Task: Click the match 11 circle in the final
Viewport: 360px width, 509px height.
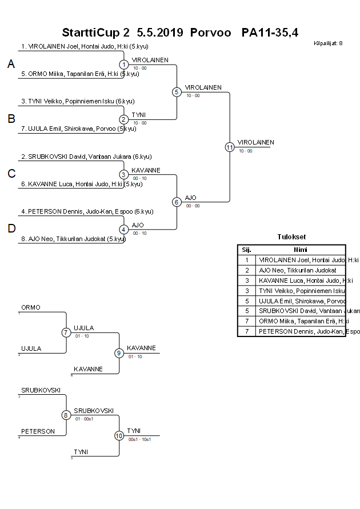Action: point(230,147)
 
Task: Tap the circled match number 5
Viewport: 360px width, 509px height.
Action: point(177,91)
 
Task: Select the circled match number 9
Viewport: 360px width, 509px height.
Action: point(119,353)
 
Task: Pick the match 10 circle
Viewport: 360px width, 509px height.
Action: point(119,435)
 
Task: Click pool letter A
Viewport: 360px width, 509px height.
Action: point(11,65)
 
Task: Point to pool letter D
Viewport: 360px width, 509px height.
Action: point(11,229)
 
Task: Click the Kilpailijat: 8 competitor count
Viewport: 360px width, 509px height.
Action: point(328,43)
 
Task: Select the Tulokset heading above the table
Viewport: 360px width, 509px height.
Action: point(291,237)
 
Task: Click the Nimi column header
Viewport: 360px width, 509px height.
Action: point(301,250)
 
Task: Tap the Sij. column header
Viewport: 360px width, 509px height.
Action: point(247,250)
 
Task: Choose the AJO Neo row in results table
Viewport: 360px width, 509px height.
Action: point(298,270)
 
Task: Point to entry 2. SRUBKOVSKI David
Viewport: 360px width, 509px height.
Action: point(86,156)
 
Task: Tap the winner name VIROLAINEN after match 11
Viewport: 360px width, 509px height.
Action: point(256,142)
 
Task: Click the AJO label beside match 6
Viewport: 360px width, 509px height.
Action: point(191,197)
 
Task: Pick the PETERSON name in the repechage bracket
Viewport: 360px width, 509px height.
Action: point(38,431)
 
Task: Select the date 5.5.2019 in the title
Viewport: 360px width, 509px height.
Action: point(160,33)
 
